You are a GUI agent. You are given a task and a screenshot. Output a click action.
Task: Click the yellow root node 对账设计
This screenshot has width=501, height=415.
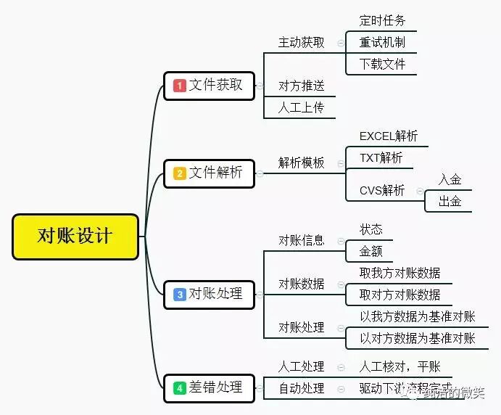(x=75, y=237)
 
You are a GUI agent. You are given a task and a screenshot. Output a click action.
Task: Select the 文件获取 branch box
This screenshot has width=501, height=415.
(x=209, y=86)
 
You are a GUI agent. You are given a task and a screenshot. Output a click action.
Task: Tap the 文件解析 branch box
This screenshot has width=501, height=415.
(x=209, y=173)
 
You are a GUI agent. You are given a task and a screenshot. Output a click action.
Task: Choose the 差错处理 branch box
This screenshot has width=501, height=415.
(x=209, y=387)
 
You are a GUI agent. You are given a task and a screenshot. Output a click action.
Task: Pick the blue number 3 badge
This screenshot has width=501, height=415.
(x=180, y=295)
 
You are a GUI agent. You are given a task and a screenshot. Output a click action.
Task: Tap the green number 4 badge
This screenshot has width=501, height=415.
(x=180, y=388)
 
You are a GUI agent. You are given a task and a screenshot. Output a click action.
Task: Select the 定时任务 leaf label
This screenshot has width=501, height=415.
(x=382, y=20)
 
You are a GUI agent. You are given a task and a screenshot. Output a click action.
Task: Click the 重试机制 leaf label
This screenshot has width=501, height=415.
(x=382, y=42)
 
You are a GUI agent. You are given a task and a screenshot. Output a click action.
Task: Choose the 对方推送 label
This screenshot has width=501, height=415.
(x=301, y=86)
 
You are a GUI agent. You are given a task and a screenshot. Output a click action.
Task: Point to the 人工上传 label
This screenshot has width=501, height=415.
(x=301, y=107)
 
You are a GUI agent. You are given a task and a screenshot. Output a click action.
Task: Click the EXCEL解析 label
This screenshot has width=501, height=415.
(x=389, y=136)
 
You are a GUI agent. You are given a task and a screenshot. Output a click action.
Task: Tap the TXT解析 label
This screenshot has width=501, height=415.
(x=381, y=157)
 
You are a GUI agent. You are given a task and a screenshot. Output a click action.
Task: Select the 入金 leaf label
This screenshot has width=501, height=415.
(x=450, y=179)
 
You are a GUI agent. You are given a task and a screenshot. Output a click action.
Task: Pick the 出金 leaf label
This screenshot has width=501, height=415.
(x=450, y=201)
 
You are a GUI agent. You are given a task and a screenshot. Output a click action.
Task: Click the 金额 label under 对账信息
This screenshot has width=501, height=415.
(x=370, y=251)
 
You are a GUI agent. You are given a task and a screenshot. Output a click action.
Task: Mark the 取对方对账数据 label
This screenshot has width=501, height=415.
(x=399, y=295)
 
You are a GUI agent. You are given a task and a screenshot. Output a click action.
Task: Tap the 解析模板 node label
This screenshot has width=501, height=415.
(x=301, y=163)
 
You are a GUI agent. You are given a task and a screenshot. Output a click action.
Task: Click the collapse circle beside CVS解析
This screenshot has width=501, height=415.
(x=420, y=191)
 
